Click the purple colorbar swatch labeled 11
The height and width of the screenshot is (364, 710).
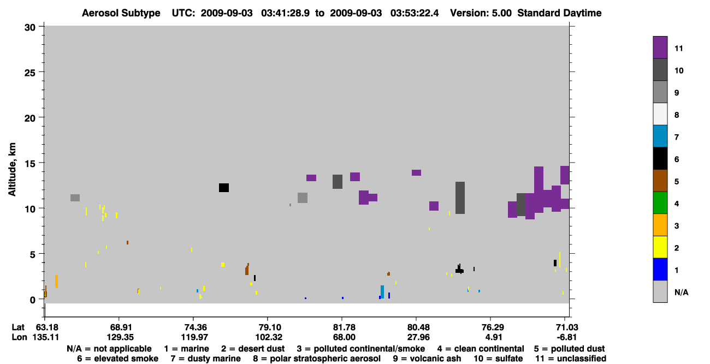click(660, 47)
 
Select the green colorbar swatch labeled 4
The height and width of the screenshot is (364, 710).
click(660, 203)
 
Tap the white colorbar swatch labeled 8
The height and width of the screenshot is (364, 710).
click(660, 114)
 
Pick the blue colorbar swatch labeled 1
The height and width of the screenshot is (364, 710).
click(660, 269)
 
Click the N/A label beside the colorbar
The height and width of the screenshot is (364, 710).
click(681, 292)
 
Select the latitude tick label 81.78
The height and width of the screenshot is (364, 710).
click(344, 327)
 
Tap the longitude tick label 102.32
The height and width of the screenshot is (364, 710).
click(269, 337)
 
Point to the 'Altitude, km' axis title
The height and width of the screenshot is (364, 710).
click(11, 170)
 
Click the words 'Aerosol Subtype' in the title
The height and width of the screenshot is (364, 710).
click(121, 13)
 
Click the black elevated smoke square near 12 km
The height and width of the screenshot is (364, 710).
click(224, 188)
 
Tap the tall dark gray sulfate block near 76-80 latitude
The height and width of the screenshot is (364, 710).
click(460, 198)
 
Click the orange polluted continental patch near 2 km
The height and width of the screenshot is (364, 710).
click(56, 281)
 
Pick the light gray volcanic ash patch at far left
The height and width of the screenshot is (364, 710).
click(75, 198)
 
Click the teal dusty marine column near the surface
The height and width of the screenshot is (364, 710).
click(382, 292)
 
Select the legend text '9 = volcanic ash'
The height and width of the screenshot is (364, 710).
click(427, 359)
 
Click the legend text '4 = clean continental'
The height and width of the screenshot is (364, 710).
click(481, 349)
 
